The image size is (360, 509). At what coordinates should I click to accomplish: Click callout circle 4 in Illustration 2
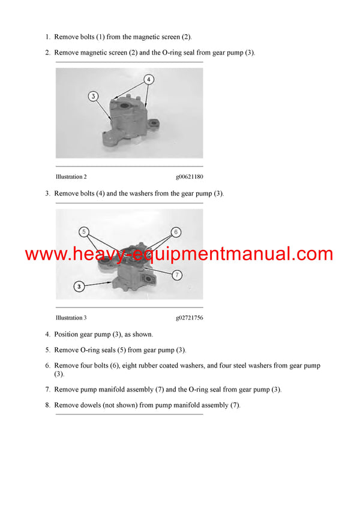tap(149, 79)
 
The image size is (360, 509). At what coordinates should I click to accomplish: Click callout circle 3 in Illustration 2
tap(93, 95)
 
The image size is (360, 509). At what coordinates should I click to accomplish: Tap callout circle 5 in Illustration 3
tap(84, 232)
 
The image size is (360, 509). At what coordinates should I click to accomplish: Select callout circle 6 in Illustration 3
tap(176, 232)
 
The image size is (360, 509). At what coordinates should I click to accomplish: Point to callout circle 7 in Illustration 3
tap(177, 275)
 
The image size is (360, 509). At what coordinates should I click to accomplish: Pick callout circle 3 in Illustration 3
tap(79, 287)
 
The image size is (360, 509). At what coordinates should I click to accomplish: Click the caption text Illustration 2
tap(71, 177)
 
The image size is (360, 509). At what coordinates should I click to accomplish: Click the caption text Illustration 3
tap(71, 318)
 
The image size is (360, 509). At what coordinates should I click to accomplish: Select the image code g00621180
tap(189, 177)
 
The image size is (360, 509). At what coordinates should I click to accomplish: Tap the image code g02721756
tap(189, 318)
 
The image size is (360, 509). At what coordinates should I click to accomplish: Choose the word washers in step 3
tap(155, 194)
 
